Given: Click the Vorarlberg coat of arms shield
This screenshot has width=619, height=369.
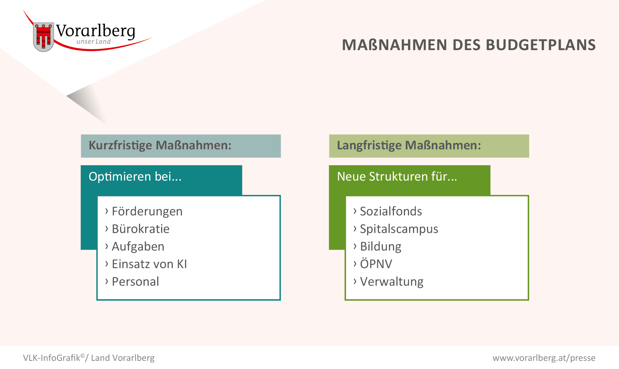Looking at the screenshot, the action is pyautogui.click(x=43, y=37).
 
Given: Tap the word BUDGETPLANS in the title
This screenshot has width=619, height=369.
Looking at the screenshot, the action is pyautogui.click(x=541, y=45).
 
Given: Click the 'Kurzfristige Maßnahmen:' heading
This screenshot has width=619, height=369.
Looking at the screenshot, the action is pyautogui.click(x=160, y=145).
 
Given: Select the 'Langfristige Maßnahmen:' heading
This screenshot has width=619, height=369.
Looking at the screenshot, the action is pyautogui.click(x=409, y=145).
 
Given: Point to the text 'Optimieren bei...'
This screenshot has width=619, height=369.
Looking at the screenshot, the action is pyautogui.click(x=135, y=177).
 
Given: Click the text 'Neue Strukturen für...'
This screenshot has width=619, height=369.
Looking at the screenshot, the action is pyautogui.click(x=397, y=176).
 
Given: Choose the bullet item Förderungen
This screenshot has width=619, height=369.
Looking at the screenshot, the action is pyautogui.click(x=147, y=212).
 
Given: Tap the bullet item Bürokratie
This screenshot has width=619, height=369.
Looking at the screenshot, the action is pyautogui.click(x=141, y=229).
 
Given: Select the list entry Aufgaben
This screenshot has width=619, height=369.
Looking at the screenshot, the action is pyautogui.click(x=138, y=247).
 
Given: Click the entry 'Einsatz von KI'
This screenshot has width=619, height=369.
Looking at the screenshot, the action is pyautogui.click(x=149, y=264).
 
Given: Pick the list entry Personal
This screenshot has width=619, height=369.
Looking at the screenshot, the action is pyautogui.click(x=135, y=281).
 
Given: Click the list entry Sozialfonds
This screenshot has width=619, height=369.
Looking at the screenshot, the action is pyautogui.click(x=391, y=211).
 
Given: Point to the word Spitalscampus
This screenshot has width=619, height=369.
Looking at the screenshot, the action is pyautogui.click(x=399, y=229).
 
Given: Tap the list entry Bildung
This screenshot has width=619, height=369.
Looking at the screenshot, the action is pyautogui.click(x=380, y=247).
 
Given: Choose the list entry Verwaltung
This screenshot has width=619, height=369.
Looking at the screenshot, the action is pyautogui.click(x=392, y=282).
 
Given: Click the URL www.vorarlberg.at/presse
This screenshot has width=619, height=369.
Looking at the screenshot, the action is pyautogui.click(x=544, y=358).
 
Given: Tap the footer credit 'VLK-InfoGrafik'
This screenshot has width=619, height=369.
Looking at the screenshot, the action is pyautogui.click(x=52, y=358).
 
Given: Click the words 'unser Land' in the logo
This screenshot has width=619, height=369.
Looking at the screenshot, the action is pyautogui.click(x=93, y=42).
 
